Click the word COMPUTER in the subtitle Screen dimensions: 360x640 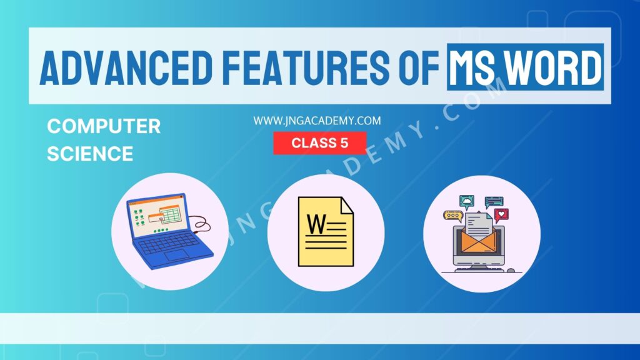click(x=104, y=127)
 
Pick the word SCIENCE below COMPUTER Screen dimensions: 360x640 click(x=90, y=154)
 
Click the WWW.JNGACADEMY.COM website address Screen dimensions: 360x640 click(x=317, y=121)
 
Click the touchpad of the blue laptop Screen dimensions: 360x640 click(x=176, y=255)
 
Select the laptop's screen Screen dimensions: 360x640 click(x=157, y=216)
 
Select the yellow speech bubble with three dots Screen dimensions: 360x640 click(x=451, y=216)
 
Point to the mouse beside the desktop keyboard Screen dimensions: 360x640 click(x=510, y=271)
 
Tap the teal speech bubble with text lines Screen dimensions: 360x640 click(x=494, y=201)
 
